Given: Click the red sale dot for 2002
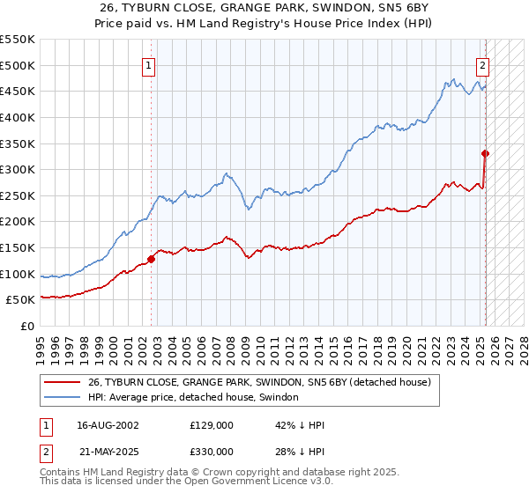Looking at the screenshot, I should click(152, 259).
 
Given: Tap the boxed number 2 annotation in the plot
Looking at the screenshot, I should click(483, 64).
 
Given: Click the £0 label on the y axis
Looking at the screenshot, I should click(26, 326).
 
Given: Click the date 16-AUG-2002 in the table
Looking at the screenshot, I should click(108, 424).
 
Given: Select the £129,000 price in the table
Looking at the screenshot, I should click(211, 424).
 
